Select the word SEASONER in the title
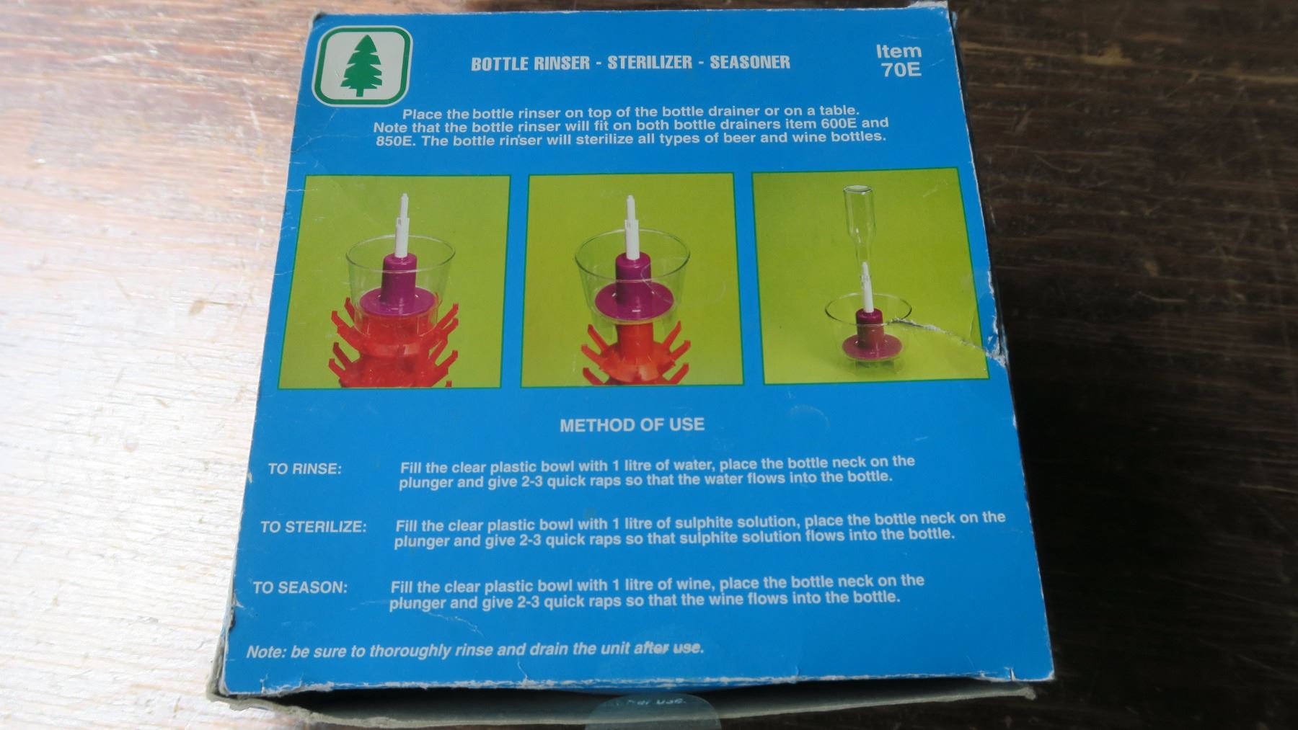pos(750,62)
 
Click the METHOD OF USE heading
pos(632,424)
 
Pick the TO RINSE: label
pos(304,469)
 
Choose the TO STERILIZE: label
pos(313,527)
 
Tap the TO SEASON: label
pos(300,587)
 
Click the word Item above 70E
pos(899,50)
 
